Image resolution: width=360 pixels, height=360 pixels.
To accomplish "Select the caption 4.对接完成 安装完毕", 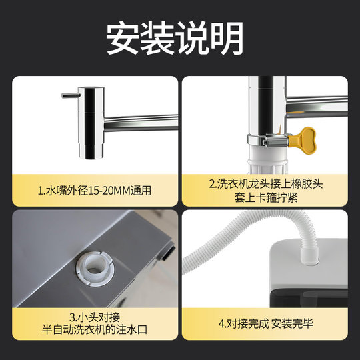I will click(x=265, y=325).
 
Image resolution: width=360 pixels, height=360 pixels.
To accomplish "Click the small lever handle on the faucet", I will click(x=69, y=95).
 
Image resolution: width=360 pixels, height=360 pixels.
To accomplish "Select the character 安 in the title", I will click(x=124, y=39).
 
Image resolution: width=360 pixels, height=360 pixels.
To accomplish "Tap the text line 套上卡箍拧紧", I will click(x=265, y=197).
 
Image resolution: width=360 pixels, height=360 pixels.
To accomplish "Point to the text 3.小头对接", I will click(x=95, y=317).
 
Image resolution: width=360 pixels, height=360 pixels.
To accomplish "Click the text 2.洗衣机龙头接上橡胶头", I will click(x=265, y=184).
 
